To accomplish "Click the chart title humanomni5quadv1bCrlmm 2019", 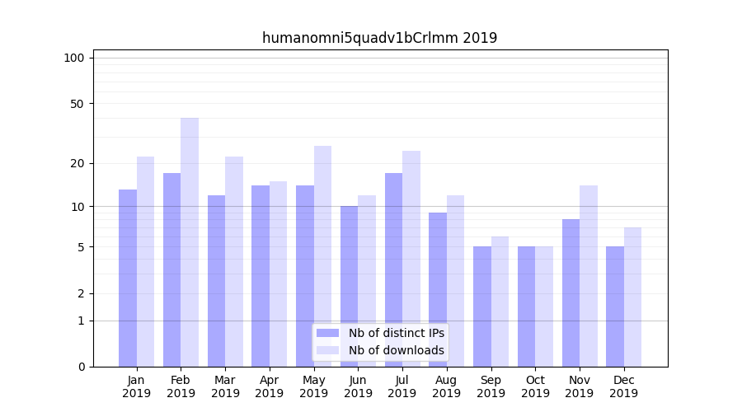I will pos(379,38).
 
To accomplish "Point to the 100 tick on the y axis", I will pos(74,58).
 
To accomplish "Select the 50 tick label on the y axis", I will pos(77,104).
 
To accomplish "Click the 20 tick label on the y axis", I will pos(77,163).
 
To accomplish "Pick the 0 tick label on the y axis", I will pos(81,367).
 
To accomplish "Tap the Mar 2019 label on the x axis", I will pos(225,386).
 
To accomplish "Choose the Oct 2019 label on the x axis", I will pos(535,386).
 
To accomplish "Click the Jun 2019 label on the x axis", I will pos(358,386).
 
